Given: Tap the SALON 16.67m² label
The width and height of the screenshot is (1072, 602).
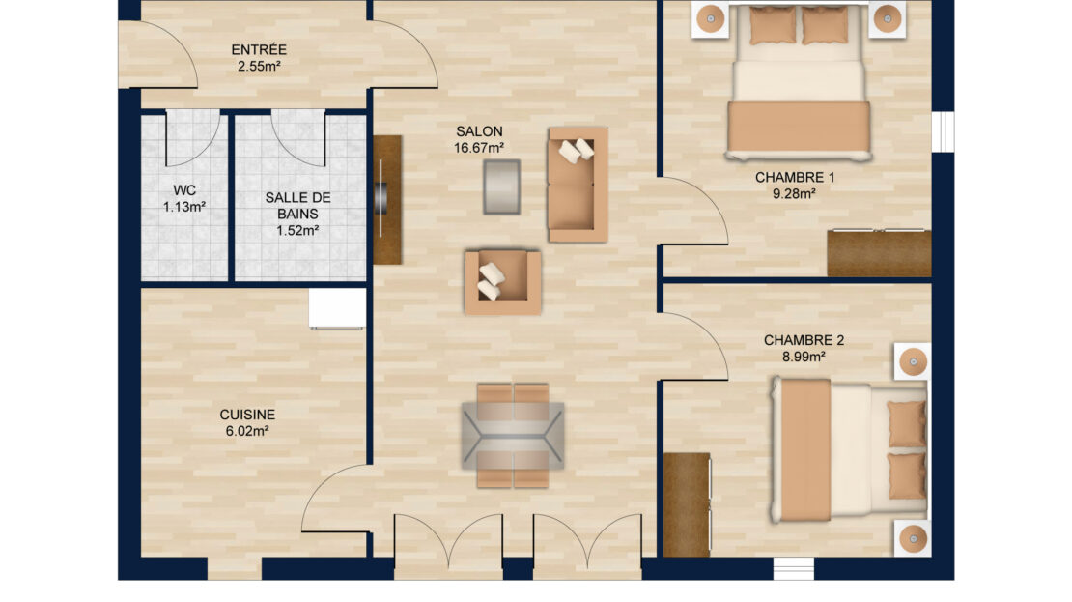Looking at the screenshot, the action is point(479,139).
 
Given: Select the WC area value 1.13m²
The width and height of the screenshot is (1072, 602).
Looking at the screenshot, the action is point(184,207).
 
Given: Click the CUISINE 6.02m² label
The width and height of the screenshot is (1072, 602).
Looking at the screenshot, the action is point(247,423).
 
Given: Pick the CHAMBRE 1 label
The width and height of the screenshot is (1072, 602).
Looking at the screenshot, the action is point(795,177).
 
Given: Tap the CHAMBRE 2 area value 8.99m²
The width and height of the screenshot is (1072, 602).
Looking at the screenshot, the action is point(804,357).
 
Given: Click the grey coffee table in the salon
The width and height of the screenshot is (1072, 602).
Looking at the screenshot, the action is point(502,186).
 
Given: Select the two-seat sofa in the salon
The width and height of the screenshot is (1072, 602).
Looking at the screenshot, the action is point(578,184).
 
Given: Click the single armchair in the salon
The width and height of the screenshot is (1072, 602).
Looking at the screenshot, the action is point(502,282).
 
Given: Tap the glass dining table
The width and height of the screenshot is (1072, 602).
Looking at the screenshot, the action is point(513,435).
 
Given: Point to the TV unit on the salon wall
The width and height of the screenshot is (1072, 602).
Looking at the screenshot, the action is point(386,200).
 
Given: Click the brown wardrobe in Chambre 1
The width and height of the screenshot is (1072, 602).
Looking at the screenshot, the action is point(879,253).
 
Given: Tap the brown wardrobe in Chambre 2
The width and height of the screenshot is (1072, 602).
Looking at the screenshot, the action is point(687,504).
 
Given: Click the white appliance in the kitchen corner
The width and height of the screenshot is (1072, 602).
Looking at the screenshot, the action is point(338,308).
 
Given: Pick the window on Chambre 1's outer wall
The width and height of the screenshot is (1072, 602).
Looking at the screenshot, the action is point(943,130).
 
